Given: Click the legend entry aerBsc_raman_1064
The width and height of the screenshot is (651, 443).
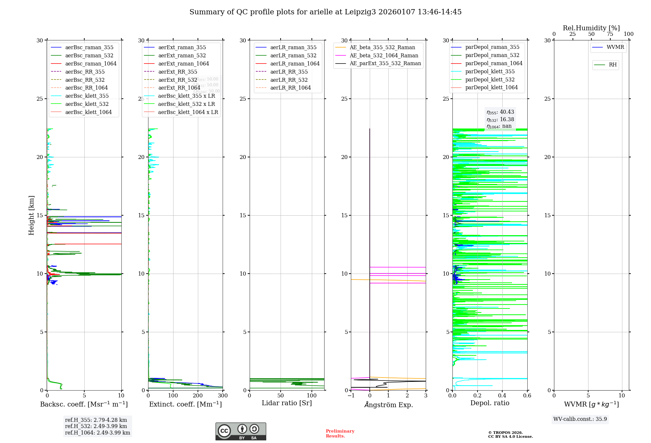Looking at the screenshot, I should [91, 64].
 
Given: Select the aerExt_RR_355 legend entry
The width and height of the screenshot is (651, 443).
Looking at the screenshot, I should [178, 72].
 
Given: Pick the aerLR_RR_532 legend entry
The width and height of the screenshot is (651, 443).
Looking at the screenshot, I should [289, 80].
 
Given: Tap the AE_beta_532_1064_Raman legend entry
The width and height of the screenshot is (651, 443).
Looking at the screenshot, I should [384, 55].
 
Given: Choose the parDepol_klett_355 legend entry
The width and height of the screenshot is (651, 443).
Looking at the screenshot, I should [490, 71].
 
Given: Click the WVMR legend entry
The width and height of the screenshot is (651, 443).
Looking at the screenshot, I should [615, 47].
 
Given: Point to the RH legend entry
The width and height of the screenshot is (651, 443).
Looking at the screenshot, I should [613, 65].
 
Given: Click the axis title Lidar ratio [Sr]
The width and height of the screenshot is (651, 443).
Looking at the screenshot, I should [287, 403].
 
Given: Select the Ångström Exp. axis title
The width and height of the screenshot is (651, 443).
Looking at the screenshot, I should [389, 405].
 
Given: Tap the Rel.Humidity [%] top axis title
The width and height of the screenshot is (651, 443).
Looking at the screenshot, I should [591, 28].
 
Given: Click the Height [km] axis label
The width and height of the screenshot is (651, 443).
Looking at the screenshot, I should [31, 215].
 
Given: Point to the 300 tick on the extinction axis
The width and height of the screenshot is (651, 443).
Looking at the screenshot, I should [223, 396].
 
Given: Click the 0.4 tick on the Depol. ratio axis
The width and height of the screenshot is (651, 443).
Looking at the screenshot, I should [502, 396].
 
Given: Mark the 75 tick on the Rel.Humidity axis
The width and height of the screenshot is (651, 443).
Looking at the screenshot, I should [610, 34].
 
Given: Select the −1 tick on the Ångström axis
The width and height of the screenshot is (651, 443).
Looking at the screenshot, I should [351, 396].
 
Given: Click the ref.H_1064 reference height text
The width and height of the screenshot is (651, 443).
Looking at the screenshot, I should [97, 433].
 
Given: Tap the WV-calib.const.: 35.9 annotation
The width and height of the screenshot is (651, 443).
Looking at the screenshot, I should [580, 419].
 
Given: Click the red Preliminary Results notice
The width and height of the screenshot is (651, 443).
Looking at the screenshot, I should [340, 434].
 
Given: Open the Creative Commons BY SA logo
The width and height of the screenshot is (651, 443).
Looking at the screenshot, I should [241, 431].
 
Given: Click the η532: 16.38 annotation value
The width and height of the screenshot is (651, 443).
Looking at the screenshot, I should [500, 120].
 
